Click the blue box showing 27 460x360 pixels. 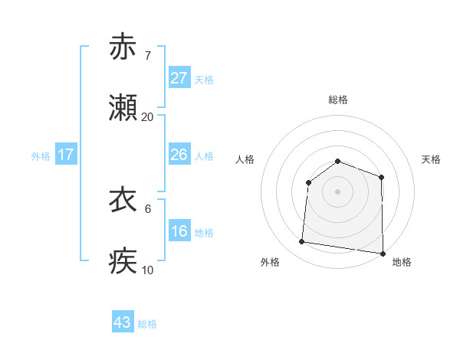pyautogui.click(x=179, y=78)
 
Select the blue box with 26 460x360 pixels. pyautogui.click(x=179, y=155)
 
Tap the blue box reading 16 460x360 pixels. pyautogui.click(x=179, y=231)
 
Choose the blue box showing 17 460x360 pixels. pyautogui.click(x=66, y=155)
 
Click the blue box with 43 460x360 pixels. pyautogui.click(x=123, y=322)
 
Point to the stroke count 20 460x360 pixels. pyautogui.click(x=147, y=117)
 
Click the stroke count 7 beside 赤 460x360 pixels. pyautogui.click(x=147, y=55)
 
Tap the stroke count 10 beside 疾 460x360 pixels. pyautogui.click(x=147, y=270)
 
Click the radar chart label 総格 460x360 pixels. pyautogui.click(x=338, y=100)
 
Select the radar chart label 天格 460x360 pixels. pyautogui.click(x=431, y=159)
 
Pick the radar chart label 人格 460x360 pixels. pyautogui.click(x=245, y=159)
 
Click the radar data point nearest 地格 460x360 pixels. pyautogui.click(x=383, y=254)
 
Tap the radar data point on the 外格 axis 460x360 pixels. pyautogui.click(x=302, y=242)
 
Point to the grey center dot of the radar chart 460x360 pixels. pyautogui.click(x=338, y=191)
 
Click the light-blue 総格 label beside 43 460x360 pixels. pyautogui.click(x=147, y=323)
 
